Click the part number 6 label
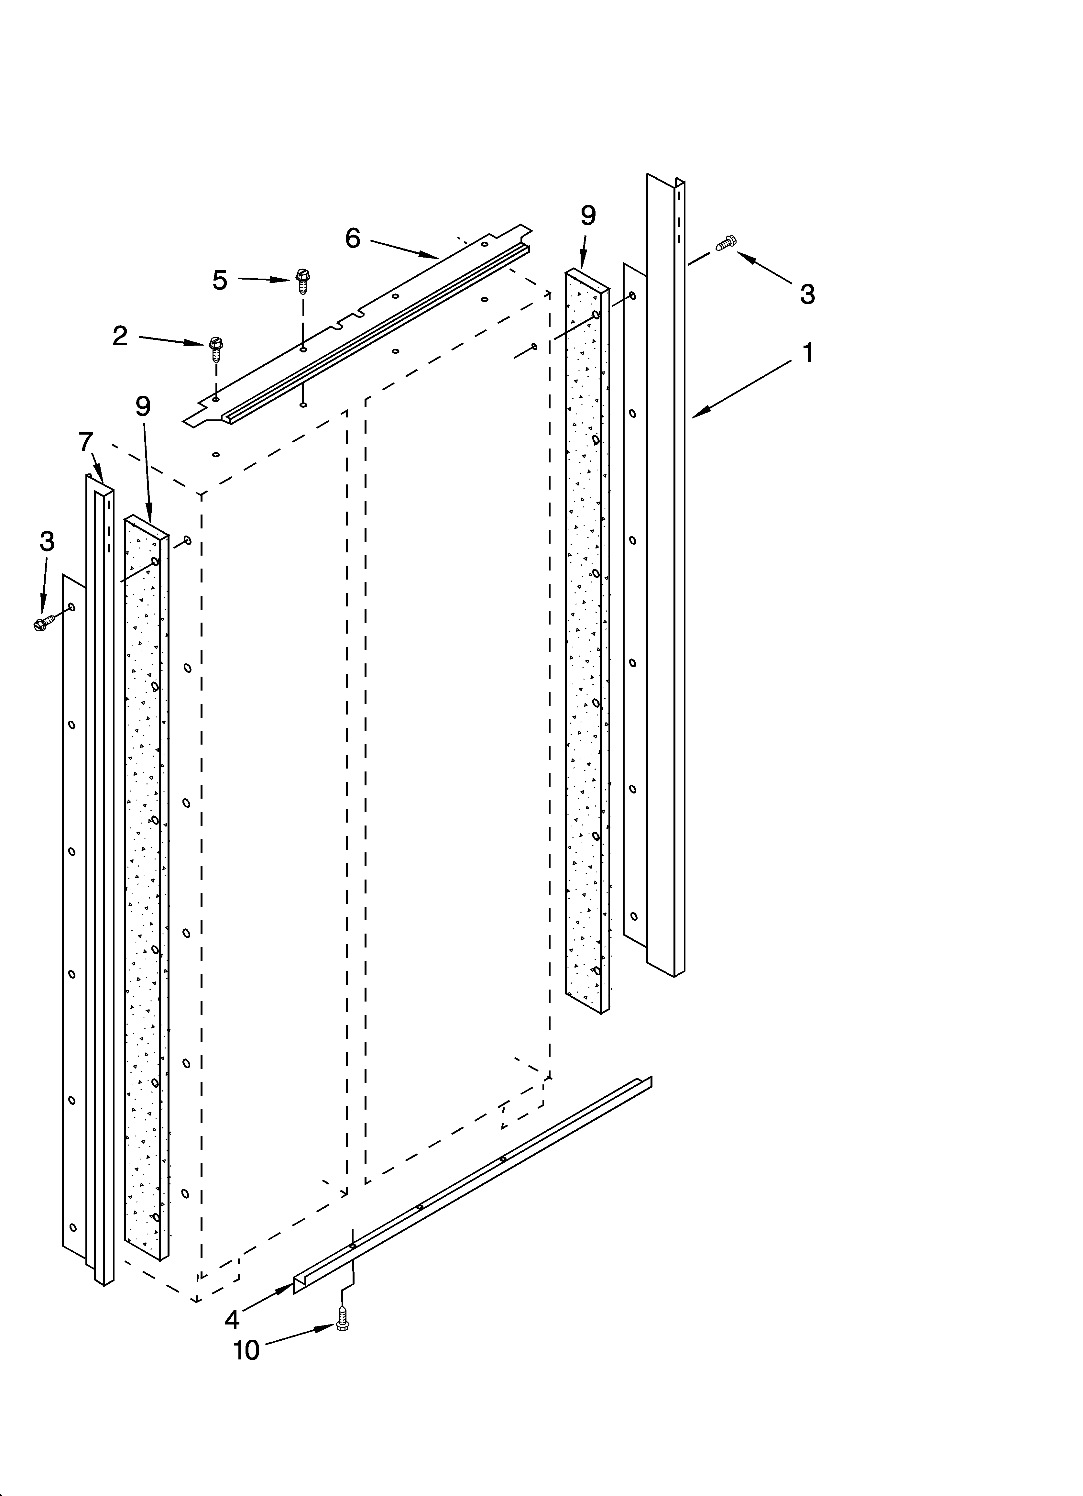(x=353, y=238)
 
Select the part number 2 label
(x=120, y=337)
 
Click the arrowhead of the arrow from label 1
(x=694, y=416)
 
